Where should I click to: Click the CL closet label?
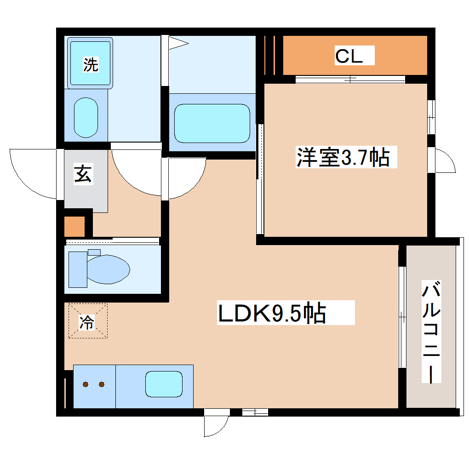click(349, 56)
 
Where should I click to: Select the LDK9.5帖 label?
click(272, 314)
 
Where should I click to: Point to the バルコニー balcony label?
click(431, 333)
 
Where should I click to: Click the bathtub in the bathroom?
click(212, 123)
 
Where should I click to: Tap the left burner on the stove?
click(86, 384)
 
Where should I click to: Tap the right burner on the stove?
click(102, 384)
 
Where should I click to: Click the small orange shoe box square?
click(74, 226)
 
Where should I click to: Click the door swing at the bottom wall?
click(216, 424)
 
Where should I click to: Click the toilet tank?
click(75, 269)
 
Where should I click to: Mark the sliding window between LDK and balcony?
click(401, 317)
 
